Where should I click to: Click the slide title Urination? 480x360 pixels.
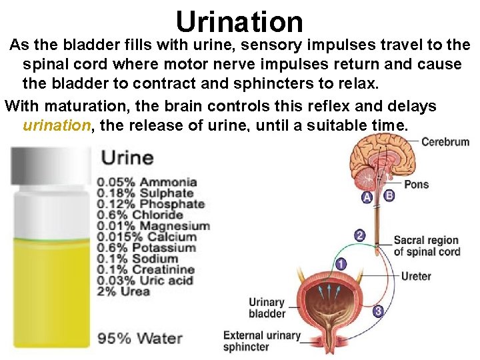point(239,21)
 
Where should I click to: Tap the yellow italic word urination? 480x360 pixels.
point(57,126)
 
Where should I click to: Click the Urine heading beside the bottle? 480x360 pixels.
point(127,159)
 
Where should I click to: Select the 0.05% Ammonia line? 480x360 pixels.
point(147,182)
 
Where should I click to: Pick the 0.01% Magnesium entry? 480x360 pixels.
point(153,226)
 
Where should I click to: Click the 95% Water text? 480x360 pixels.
point(140,338)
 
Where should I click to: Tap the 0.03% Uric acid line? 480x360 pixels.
point(145,281)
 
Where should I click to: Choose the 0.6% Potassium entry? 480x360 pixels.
point(147,248)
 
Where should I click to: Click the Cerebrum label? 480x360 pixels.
point(445,141)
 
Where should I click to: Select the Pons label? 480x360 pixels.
point(416,184)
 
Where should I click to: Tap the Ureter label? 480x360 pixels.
point(416,276)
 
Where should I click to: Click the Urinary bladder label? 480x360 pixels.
point(267,308)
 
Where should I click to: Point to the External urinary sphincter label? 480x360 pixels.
point(261,341)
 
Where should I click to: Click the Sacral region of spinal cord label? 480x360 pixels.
point(427,246)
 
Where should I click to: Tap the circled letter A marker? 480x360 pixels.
point(367,197)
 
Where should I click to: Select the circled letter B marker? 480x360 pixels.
point(389,195)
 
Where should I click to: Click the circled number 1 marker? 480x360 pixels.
point(341,265)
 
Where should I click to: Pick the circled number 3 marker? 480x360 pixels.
point(377,311)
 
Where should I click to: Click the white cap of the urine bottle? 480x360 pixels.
point(49,173)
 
